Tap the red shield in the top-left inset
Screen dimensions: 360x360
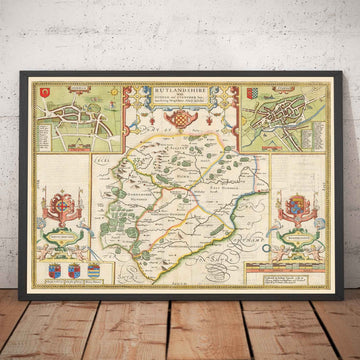click(x=47, y=94)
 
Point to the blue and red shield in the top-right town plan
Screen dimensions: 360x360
click(x=311, y=97)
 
